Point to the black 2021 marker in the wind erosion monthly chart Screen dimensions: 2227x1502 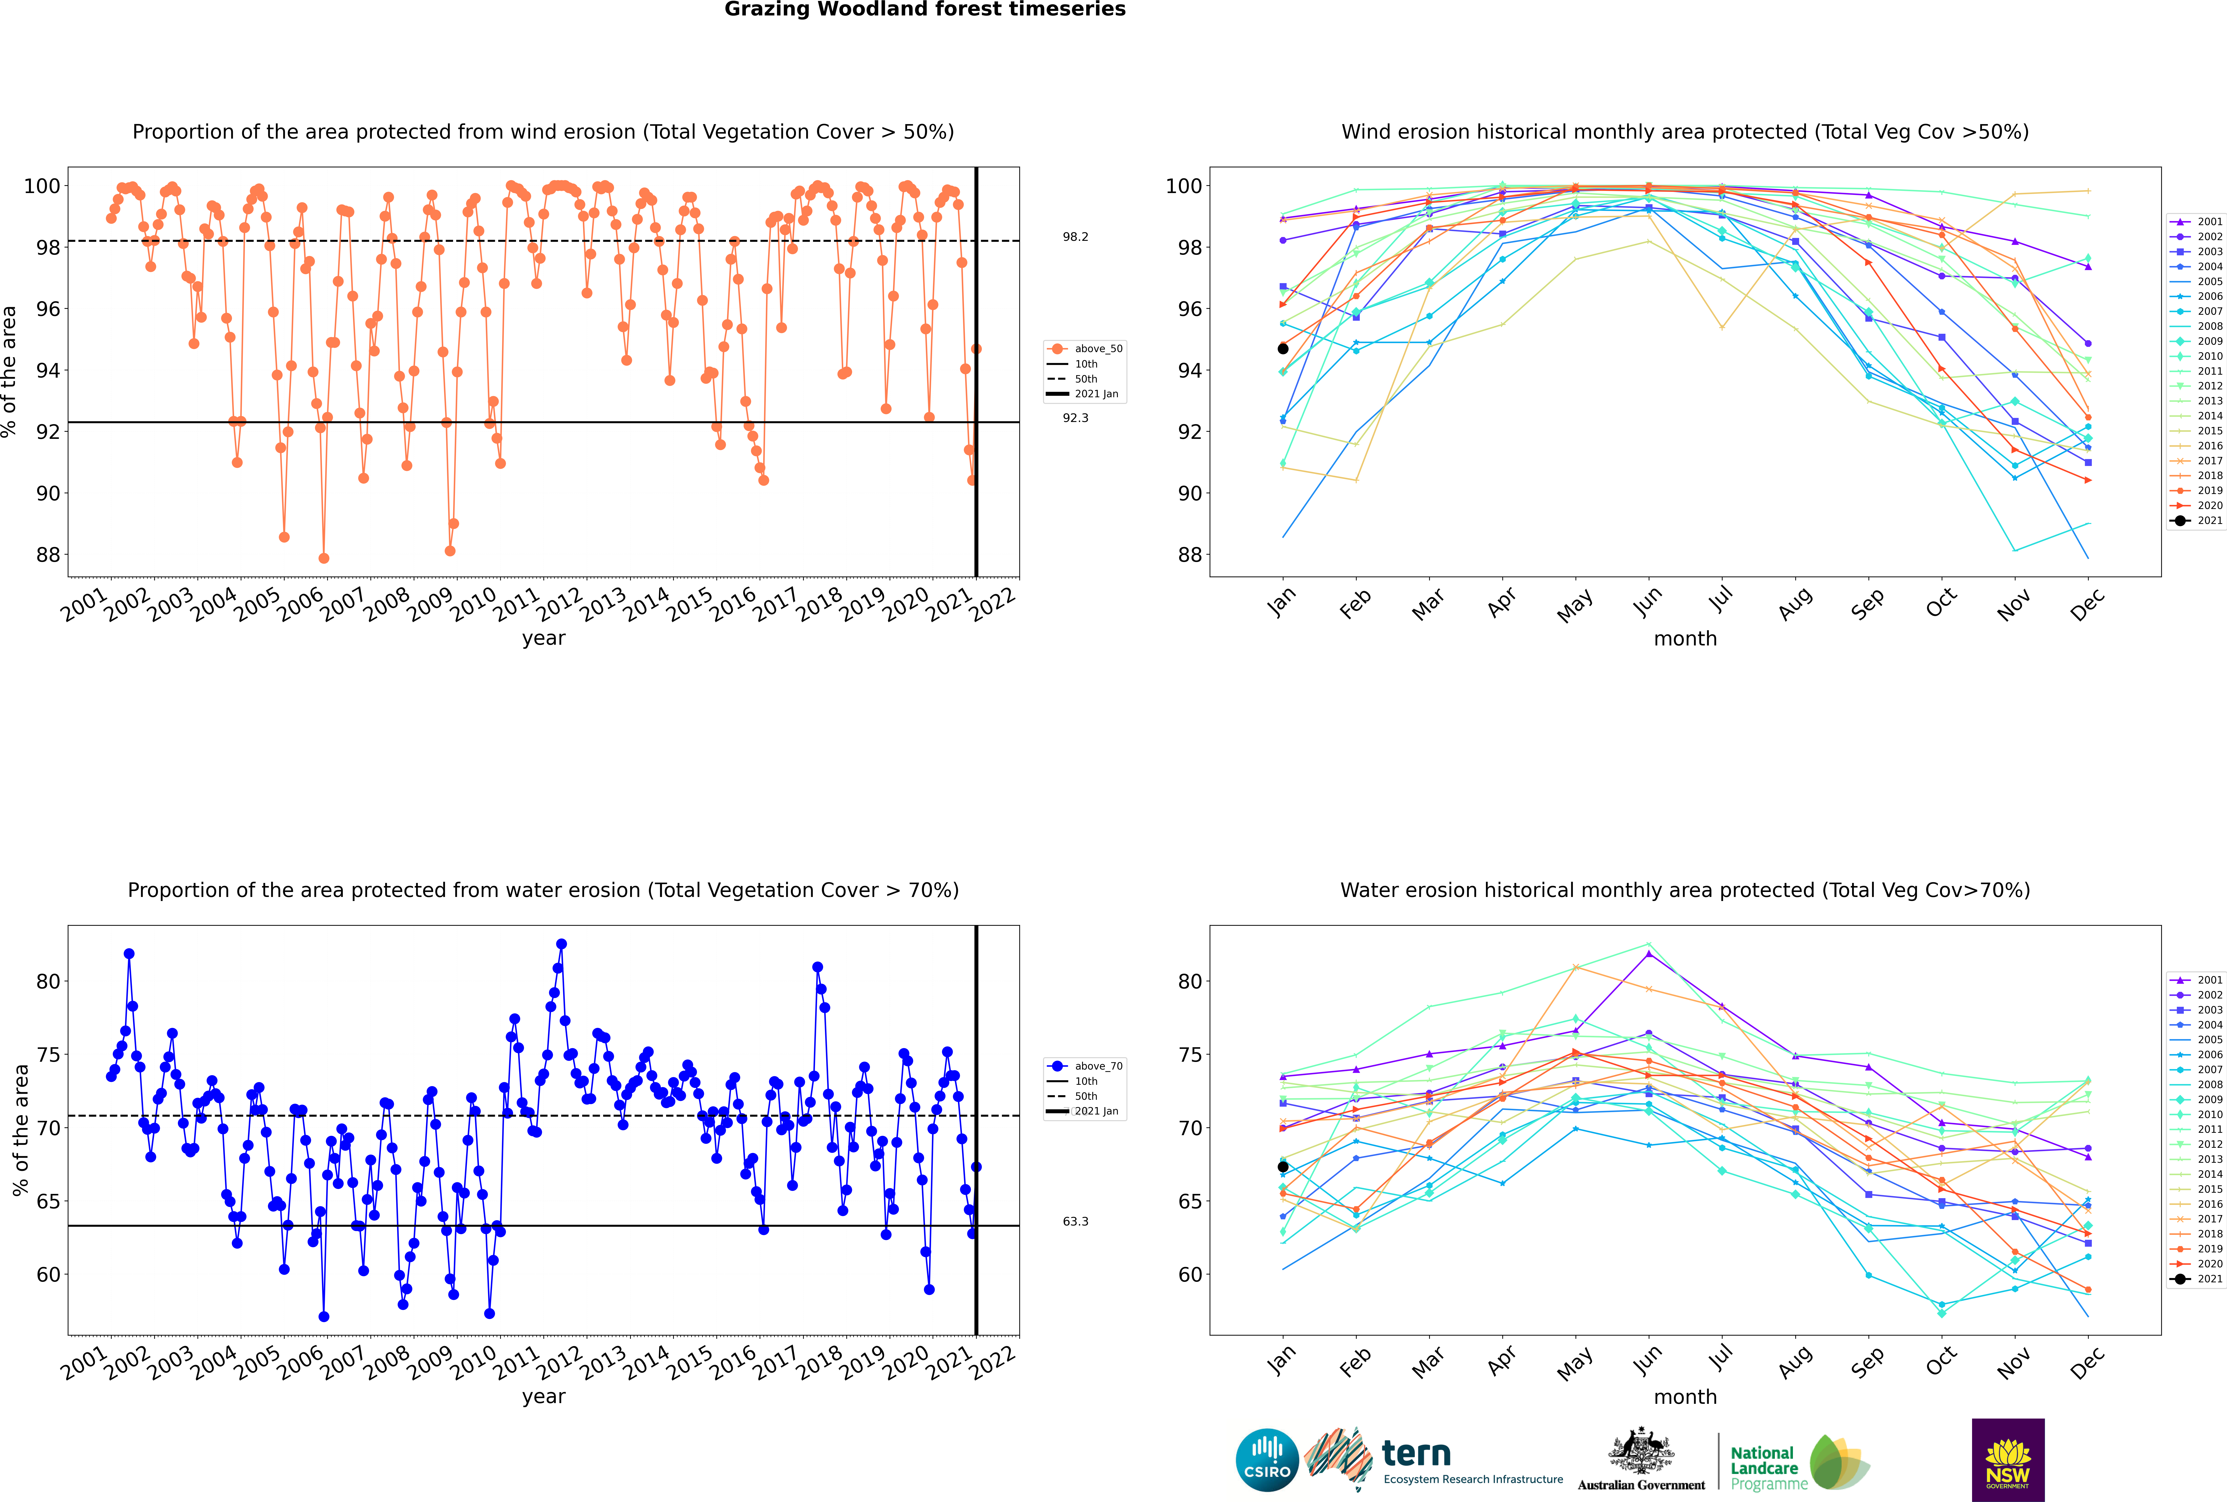point(1283,349)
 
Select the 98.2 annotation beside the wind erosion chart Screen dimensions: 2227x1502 point(1075,237)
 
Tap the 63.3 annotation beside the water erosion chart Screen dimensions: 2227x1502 point(1075,1221)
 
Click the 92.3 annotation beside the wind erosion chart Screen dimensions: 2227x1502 point(1075,418)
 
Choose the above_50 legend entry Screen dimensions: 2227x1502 point(1085,349)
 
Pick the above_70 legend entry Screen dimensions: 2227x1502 point(1085,1066)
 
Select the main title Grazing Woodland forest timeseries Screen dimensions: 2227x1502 point(925,10)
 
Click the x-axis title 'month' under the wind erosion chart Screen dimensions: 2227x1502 point(1685,639)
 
